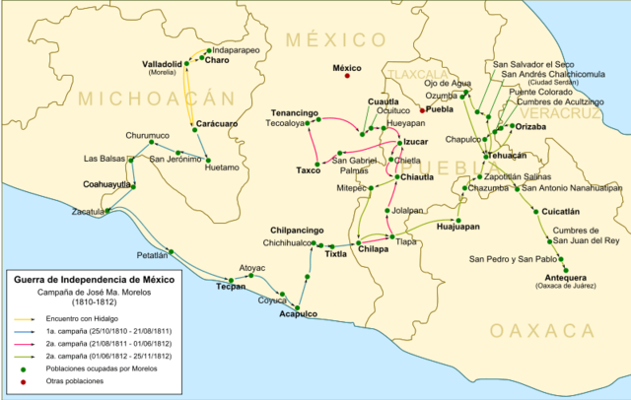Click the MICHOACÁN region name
pyautogui.click(x=159, y=98)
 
